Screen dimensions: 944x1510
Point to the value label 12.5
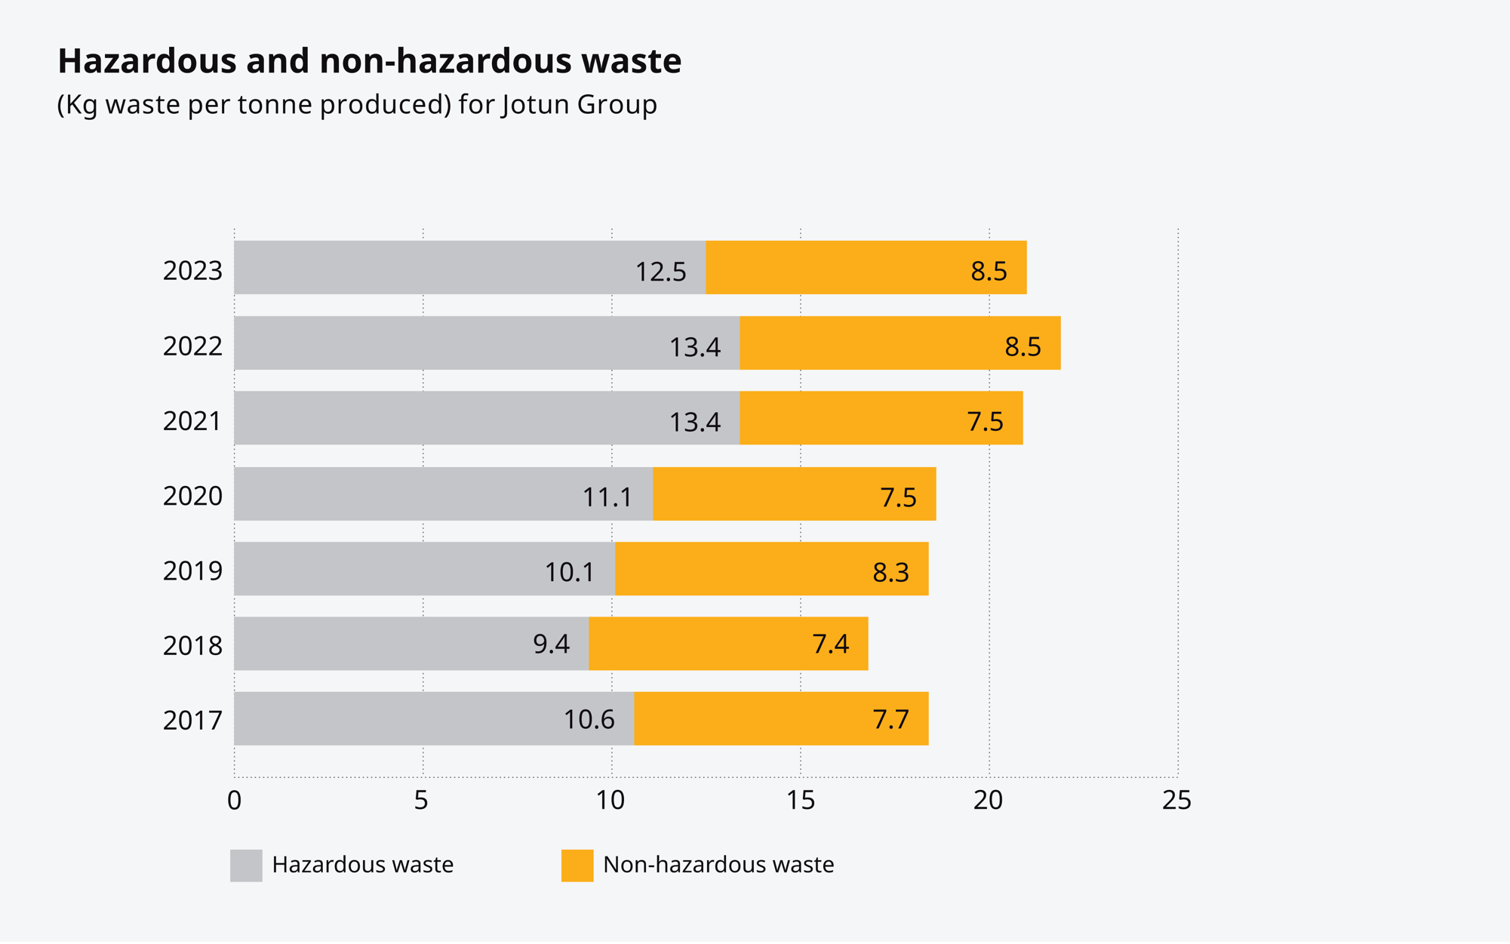click(x=660, y=272)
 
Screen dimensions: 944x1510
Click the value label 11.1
click(x=607, y=497)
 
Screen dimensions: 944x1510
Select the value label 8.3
click(x=890, y=573)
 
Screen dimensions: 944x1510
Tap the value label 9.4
click(x=551, y=644)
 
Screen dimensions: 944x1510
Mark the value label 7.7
click(x=890, y=720)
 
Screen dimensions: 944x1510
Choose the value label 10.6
click(x=589, y=720)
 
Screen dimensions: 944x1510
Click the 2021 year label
click(x=192, y=421)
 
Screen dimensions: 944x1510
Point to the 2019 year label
click(x=192, y=571)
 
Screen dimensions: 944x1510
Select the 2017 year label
click(x=192, y=721)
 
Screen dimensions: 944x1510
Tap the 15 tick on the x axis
click(x=800, y=801)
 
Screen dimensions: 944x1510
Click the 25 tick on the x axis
click(x=1176, y=801)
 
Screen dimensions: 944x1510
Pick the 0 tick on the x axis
click(x=234, y=801)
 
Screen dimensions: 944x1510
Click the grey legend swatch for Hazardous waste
click(x=246, y=866)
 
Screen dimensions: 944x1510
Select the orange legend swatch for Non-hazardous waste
click(x=577, y=866)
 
